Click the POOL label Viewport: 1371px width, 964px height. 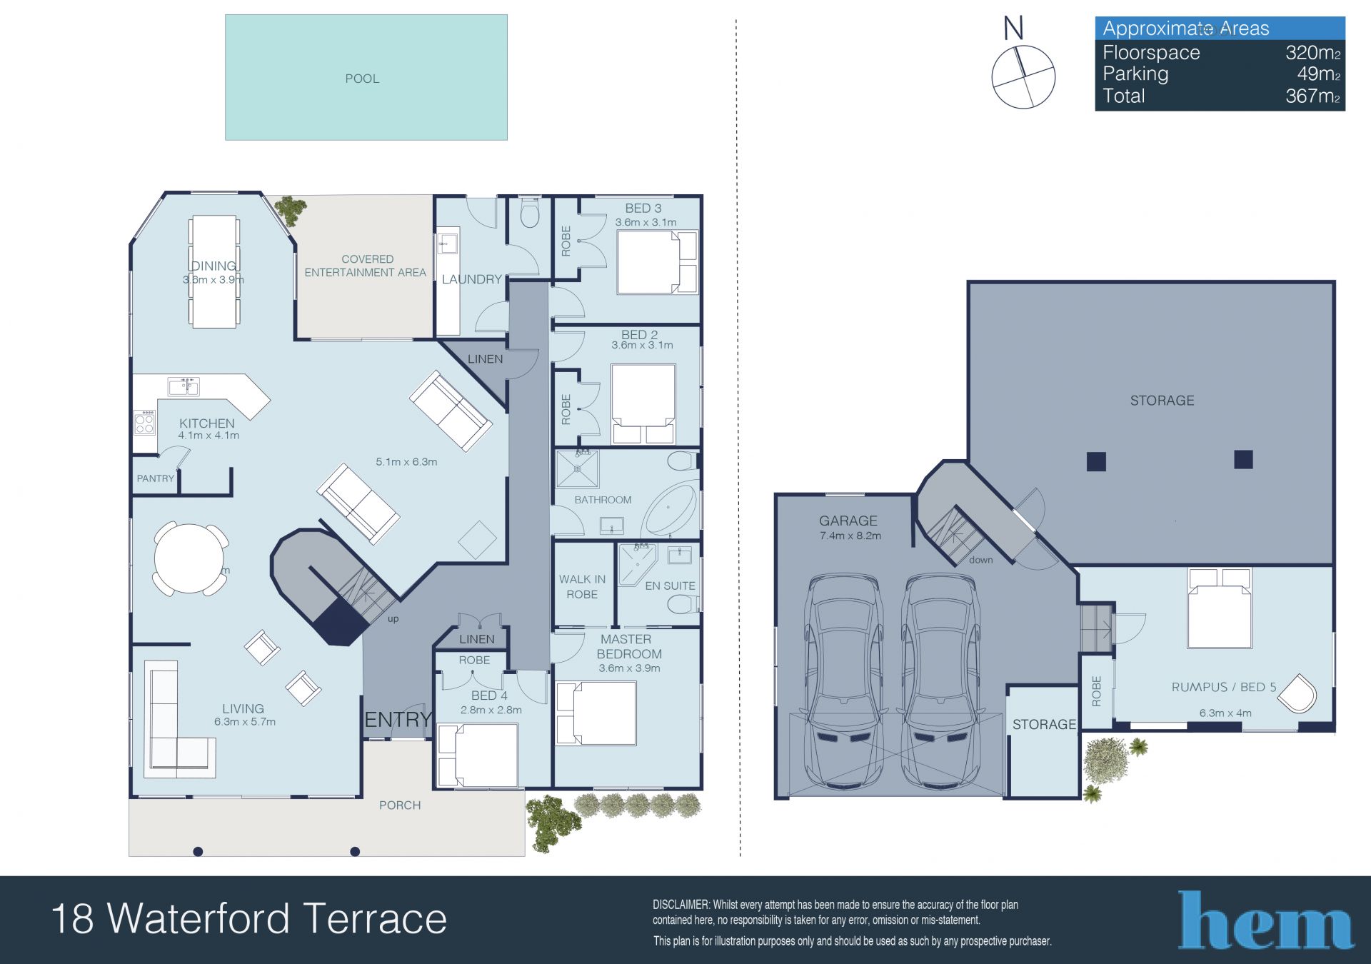(x=362, y=79)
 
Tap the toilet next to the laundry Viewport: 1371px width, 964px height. (x=530, y=212)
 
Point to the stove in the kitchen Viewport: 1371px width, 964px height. (x=145, y=422)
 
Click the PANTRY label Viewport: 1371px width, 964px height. (x=155, y=478)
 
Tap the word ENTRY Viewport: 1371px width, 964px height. (x=398, y=719)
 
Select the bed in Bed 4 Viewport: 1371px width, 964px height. (x=478, y=755)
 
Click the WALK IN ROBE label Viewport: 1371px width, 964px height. (x=582, y=586)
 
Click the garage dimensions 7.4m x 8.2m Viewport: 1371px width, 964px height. (x=850, y=536)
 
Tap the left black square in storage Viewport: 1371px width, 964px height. (x=1096, y=461)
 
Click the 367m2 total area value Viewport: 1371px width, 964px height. (x=1312, y=96)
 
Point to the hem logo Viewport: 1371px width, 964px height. (x=1265, y=920)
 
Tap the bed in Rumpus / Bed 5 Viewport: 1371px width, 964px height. (x=1220, y=608)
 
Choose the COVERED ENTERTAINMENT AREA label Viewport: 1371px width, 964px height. (x=365, y=266)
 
